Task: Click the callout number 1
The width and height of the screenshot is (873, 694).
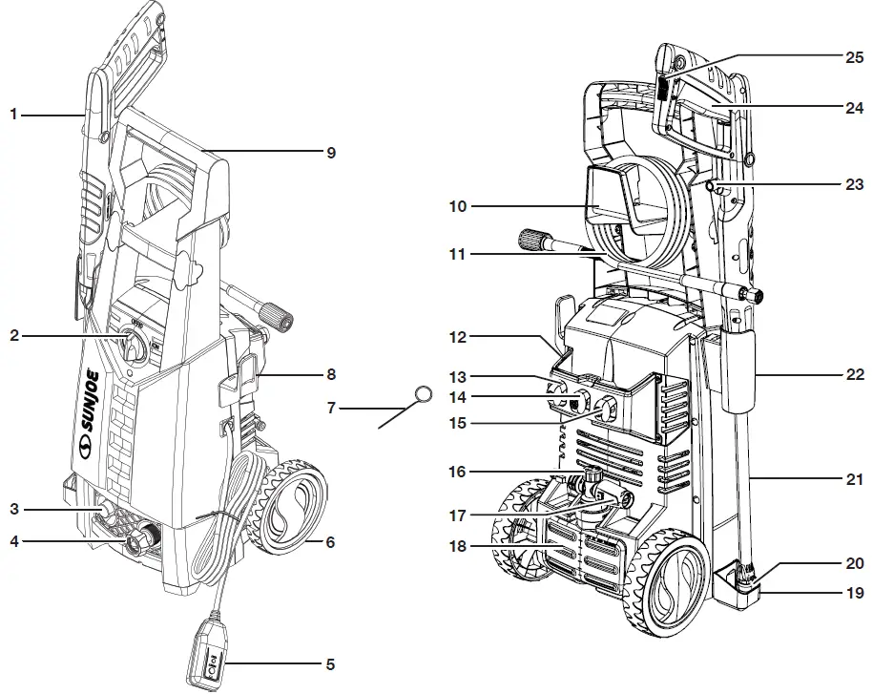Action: tap(13, 115)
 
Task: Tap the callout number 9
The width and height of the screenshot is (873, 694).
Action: tap(330, 152)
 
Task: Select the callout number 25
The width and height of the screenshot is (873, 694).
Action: tap(854, 58)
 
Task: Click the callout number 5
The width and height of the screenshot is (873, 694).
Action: tap(330, 663)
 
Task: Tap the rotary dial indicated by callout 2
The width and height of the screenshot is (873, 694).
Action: tap(133, 342)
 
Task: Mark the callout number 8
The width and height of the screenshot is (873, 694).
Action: tap(330, 374)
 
